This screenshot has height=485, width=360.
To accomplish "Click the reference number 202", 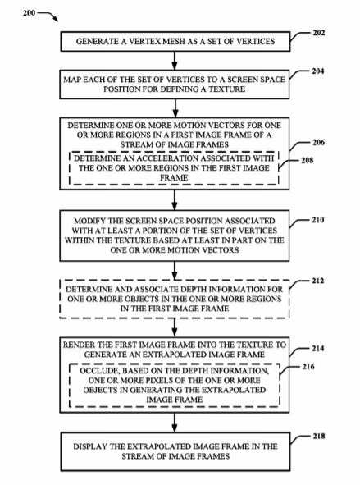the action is tap(318, 33).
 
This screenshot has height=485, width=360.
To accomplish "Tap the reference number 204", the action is tap(317, 71).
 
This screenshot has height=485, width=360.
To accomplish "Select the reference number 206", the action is tap(318, 142).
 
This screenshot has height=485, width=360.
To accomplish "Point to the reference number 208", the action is tap(307, 160).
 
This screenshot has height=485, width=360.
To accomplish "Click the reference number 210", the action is tap(317, 220).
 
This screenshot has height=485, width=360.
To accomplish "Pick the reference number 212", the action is tap(317, 281).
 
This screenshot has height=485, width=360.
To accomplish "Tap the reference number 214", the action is tap(317, 349).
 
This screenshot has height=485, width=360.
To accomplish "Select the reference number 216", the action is tap(308, 367).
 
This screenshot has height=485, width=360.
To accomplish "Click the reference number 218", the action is tap(318, 436).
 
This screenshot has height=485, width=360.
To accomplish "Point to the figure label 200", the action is tap(29, 13).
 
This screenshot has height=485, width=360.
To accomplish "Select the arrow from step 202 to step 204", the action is tap(175, 61).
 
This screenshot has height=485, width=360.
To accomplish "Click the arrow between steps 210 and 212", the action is tap(175, 271).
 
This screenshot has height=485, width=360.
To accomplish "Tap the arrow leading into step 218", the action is tap(175, 423).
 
